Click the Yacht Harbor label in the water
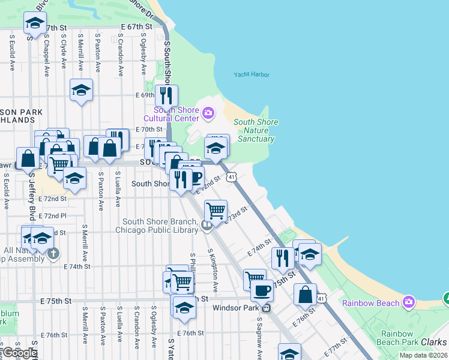click(252, 75)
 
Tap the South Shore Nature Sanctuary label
click(256, 130)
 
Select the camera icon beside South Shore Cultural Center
click(208, 112)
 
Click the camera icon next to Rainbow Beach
click(409, 301)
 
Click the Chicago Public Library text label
click(157, 230)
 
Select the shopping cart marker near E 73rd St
click(215, 211)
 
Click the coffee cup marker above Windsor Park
click(262, 290)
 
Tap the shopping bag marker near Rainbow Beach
click(305, 294)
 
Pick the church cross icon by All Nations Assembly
click(53, 254)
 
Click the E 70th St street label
click(149, 129)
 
